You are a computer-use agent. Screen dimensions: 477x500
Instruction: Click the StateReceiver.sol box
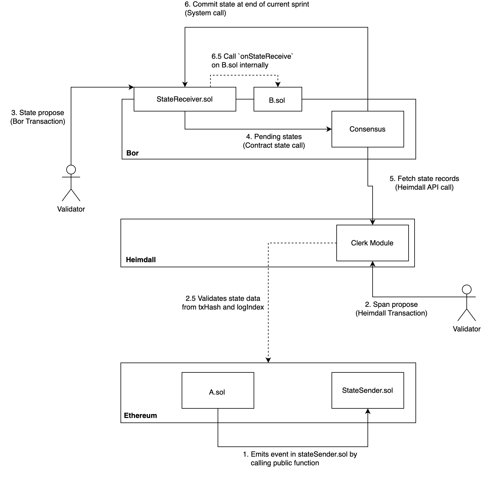pyautogui.click(x=185, y=99)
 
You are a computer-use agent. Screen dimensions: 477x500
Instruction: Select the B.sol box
pyautogui.click(x=277, y=100)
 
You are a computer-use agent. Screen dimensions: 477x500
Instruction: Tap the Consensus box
pyautogui.click(x=367, y=129)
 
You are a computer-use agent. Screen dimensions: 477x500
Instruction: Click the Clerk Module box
pyautogui.click(x=372, y=243)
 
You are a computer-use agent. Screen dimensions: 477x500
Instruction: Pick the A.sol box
pyautogui.click(x=217, y=391)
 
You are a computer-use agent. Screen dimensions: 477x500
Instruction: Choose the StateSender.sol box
pyautogui.click(x=367, y=390)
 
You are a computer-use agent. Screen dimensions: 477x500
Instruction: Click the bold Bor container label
pyautogui.click(x=132, y=153)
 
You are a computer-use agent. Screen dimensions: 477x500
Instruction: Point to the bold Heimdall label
pyautogui.click(x=141, y=260)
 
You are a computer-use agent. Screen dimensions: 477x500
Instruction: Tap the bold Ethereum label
pyautogui.click(x=140, y=416)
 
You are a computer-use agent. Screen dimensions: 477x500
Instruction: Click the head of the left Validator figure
pyautogui.click(x=71, y=170)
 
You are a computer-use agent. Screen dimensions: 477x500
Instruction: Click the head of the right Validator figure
pyautogui.click(x=466, y=289)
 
